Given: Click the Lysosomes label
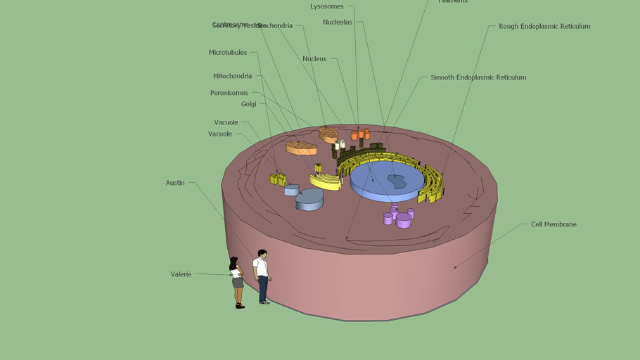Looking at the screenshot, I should (327, 6).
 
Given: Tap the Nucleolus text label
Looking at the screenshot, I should (338, 22).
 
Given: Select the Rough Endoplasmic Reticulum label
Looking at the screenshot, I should (544, 27).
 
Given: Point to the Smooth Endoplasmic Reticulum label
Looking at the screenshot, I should (478, 77).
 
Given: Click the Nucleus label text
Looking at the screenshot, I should (314, 59).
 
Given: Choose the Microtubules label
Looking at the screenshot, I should (228, 53).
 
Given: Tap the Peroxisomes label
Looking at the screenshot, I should (229, 93).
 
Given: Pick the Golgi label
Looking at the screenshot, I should (249, 104).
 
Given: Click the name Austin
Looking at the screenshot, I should (175, 183).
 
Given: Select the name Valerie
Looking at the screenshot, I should (181, 274).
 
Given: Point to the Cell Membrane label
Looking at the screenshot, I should (553, 224).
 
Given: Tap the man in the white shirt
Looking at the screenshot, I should (262, 276).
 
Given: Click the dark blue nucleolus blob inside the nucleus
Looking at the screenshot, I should (397, 181).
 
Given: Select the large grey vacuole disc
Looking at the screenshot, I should (309, 199).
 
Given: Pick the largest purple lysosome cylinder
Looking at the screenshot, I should (404, 220).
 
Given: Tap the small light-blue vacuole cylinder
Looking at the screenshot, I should (292, 190).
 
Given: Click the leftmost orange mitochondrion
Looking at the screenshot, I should (301, 148).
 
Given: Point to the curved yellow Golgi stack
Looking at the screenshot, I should (326, 181).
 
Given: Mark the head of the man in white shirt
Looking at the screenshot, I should (262, 254).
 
